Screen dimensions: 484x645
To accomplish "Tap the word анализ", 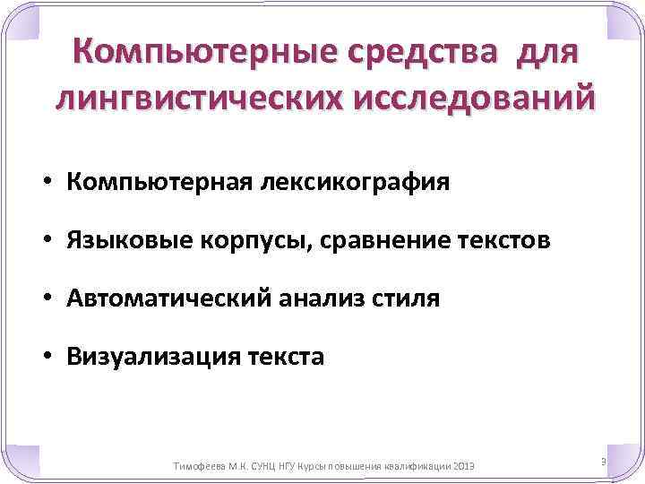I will pos(311,298).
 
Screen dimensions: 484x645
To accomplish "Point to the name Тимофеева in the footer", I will pos(196,467).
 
